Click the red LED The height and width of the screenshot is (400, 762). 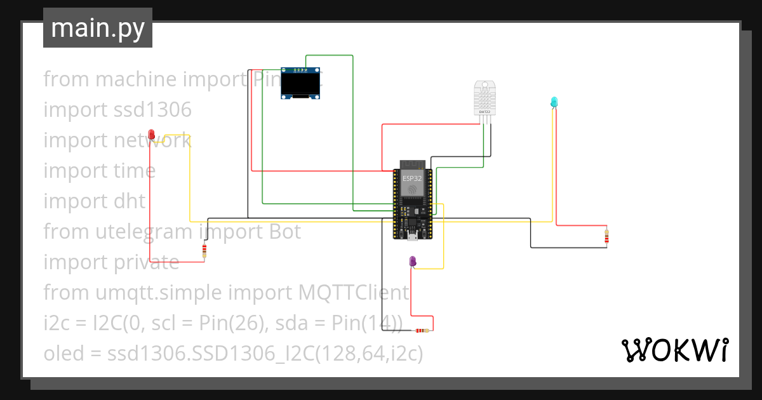(152, 134)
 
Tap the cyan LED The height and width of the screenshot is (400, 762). (554, 102)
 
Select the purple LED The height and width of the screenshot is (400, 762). (413, 261)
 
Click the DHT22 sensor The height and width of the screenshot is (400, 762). (484, 99)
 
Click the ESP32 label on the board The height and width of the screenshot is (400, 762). (411, 178)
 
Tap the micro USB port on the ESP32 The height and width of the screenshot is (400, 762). (411, 238)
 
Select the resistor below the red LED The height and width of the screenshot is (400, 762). (204, 251)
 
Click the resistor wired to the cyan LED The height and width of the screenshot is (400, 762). (607, 236)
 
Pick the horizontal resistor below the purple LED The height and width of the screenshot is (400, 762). (422, 330)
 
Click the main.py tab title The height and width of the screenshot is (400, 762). (98, 28)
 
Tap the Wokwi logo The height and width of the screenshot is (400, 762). (674, 350)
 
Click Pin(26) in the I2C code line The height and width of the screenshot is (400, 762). (231, 323)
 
